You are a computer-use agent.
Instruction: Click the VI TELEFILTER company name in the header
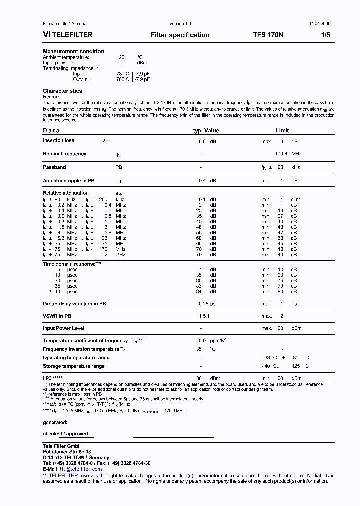point(68,35)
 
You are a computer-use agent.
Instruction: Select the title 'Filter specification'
point(180,35)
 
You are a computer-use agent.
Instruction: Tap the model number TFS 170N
point(268,35)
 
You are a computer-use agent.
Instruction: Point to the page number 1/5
point(325,35)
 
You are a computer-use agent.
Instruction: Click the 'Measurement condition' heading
point(73,51)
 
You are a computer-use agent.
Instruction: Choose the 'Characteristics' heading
point(62,91)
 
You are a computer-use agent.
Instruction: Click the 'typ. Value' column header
point(206,130)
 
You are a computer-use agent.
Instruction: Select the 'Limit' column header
point(282,130)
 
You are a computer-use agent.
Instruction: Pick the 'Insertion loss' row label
point(58,141)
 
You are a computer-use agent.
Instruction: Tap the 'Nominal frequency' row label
point(64,154)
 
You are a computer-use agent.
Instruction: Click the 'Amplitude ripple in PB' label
point(68,180)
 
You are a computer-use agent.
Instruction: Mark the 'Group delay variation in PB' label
point(74,303)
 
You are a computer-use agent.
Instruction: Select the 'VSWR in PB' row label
point(57,316)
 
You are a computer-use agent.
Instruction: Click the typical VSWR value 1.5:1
point(205,316)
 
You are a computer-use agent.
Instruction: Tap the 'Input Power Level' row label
point(63,328)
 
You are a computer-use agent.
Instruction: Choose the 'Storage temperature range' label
point(74,366)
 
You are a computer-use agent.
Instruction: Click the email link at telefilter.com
point(81,469)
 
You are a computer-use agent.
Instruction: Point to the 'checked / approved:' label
point(66,434)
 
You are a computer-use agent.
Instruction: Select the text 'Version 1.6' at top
point(180,24)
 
